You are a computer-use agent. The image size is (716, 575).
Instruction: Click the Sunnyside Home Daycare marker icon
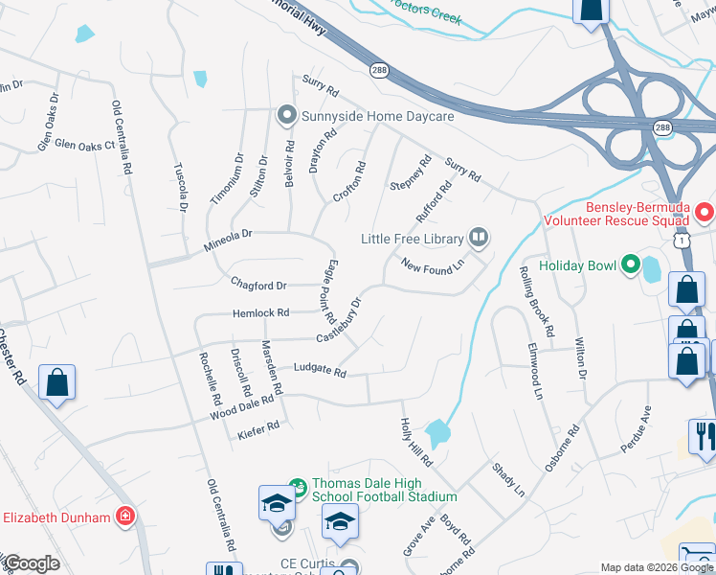285,116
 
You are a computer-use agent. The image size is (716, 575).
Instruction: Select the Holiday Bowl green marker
630,265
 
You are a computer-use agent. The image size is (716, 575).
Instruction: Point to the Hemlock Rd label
260,313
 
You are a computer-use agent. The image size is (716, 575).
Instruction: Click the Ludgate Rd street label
319,371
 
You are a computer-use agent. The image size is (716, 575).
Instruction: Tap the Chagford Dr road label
258,286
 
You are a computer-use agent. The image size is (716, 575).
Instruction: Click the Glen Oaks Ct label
84,145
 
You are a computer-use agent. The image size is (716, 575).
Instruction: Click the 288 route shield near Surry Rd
379,69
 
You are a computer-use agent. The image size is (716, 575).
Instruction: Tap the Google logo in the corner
31,563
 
